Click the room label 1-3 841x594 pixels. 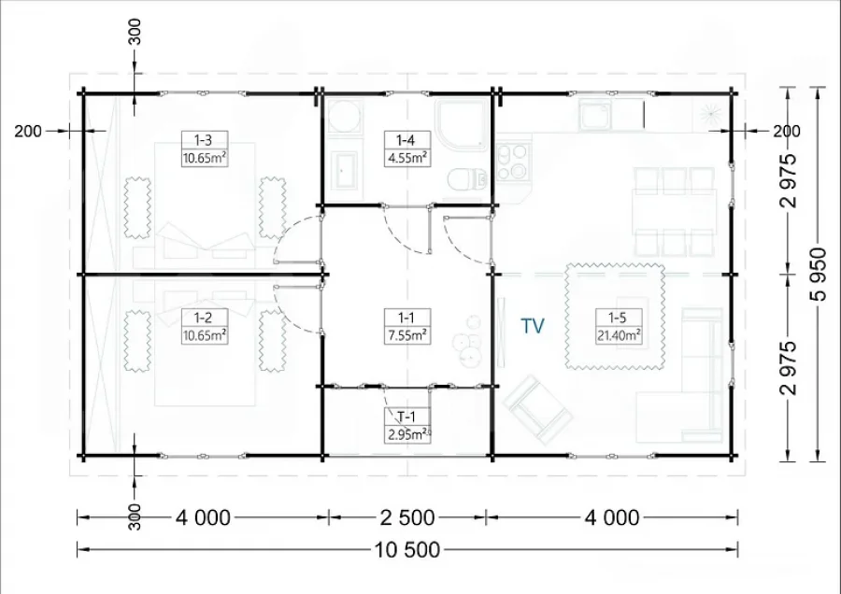tap(203, 140)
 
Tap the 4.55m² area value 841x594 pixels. tap(407, 158)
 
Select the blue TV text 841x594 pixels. tap(533, 326)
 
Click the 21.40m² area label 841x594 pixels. tap(619, 335)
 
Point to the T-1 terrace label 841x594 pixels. tap(406, 417)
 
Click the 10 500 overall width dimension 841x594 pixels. tap(407, 550)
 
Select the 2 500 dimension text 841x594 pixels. tap(407, 517)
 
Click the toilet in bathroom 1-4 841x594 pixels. tap(466, 179)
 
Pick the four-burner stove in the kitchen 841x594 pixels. tap(512, 162)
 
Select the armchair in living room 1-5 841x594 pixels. tap(537, 409)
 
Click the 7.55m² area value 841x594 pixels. tap(407, 335)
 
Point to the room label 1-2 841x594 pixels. tap(203, 318)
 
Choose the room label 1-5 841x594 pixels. tap(617, 318)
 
